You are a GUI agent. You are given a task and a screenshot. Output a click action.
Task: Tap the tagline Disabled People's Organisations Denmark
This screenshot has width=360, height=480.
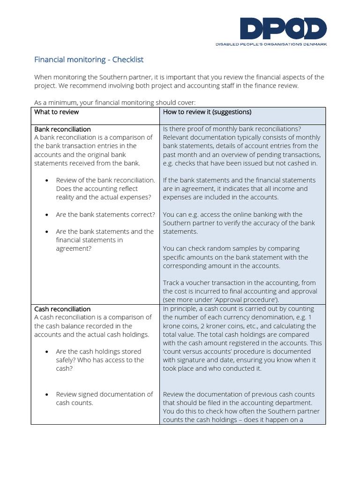click(271, 44)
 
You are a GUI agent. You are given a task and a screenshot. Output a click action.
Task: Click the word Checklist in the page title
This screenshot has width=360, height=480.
click(127, 60)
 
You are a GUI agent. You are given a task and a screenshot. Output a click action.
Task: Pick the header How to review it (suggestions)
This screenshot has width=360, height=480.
click(207, 112)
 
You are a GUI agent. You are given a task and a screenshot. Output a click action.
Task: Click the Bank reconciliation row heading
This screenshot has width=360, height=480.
click(62, 129)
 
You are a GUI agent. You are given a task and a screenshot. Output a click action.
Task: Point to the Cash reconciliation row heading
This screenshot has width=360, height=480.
click(62, 309)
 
